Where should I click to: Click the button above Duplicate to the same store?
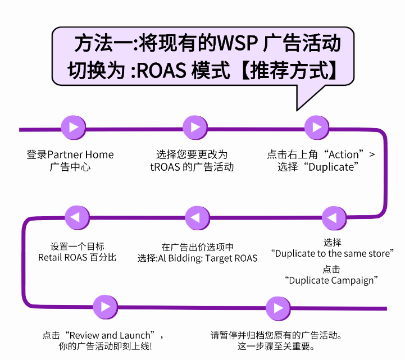tap(333, 217)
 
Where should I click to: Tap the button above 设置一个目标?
tap(77, 217)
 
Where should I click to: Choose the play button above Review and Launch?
tap(105, 307)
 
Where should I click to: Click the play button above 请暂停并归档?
tap(275, 307)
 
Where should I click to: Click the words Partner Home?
tap(81, 154)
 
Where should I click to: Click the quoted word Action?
tap(343, 154)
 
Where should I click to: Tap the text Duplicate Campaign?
tap(330, 280)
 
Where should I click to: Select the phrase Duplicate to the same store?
tap(333, 253)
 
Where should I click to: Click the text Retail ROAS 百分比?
tap(77, 258)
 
